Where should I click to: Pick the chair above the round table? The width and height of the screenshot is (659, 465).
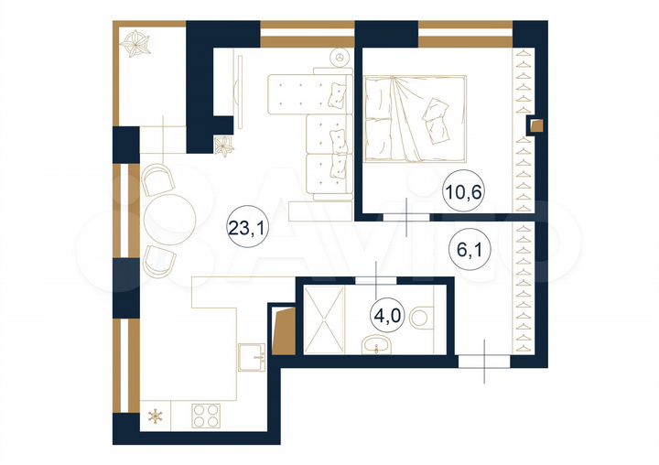157,179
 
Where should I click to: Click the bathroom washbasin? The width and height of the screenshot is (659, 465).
376,345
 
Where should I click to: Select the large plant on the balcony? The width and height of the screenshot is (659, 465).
140,42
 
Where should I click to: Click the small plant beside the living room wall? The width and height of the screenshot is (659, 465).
222,146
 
